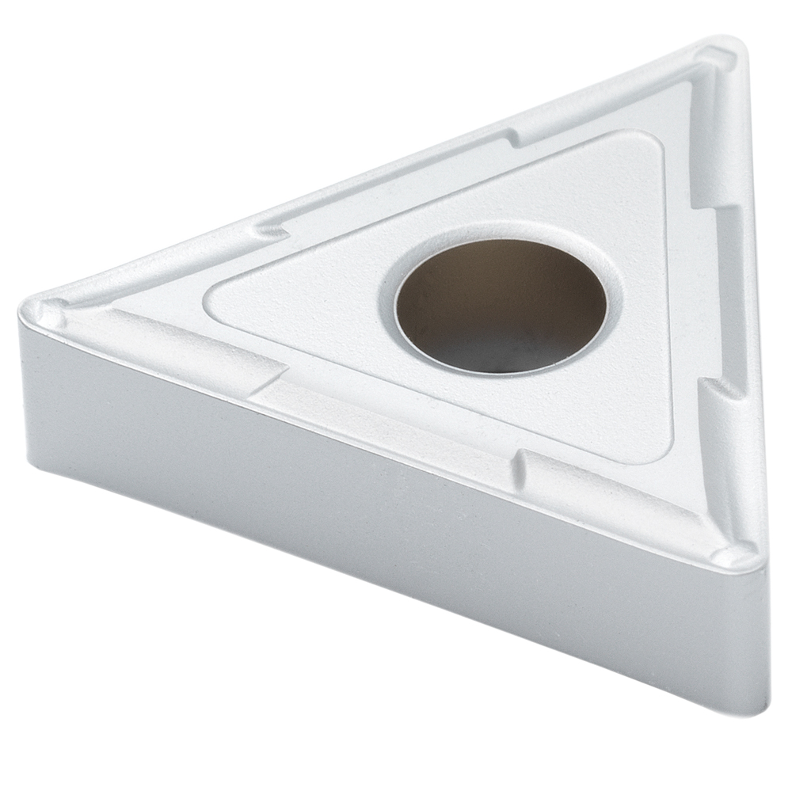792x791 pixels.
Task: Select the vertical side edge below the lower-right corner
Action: [x=765, y=633]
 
